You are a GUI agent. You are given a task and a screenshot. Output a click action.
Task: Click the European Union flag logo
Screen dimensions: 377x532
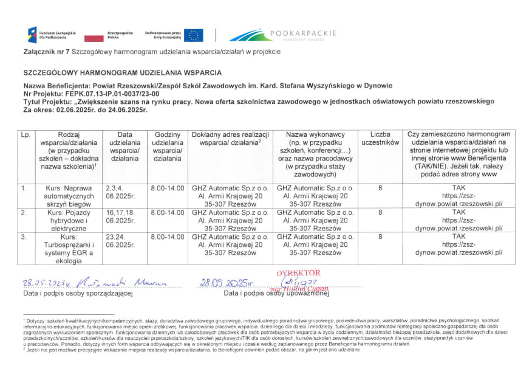pyautogui.click(x=194, y=35)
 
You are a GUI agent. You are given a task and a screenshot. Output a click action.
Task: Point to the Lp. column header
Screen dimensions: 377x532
pyautogui.click(x=26, y=134)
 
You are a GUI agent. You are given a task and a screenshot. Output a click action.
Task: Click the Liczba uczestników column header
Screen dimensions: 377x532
pyautogui.click(x=380, y=138)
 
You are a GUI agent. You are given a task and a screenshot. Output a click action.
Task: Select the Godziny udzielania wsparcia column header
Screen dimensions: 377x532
pyautogui.click(x=168, y=146)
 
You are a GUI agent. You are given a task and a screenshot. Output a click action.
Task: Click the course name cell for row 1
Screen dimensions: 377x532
pyautogui.click(x=69, y=196)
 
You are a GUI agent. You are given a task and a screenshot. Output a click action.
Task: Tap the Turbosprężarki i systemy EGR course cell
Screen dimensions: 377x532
pyautogui.click(x=69, y=248)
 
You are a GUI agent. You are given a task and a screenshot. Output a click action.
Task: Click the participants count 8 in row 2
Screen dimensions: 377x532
pyautogui.click(x=380, y=213)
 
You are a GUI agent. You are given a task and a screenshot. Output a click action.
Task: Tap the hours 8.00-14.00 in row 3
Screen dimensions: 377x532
pyautogui.click(x=168, y=237)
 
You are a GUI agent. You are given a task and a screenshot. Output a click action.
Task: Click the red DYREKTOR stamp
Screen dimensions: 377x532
pyautogui.click(x=299, y=274)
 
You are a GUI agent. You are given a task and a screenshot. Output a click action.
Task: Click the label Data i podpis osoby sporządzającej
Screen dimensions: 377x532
pyautogui.click(x=78, y=293)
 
